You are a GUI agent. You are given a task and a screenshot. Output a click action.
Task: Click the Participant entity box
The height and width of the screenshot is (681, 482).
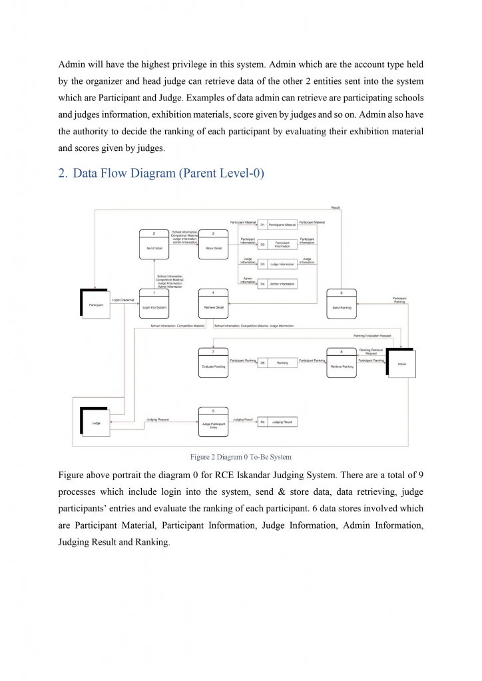click(95, 305)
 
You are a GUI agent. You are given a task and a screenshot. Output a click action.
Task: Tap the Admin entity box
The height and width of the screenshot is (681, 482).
click(401, 364)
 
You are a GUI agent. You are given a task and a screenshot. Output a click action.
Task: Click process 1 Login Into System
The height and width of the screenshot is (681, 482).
click(153, 305)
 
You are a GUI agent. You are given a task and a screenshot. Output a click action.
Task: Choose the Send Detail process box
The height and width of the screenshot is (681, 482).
click(153, 244)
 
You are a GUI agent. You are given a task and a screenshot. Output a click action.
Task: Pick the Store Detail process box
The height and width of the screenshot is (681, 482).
click(213, 244)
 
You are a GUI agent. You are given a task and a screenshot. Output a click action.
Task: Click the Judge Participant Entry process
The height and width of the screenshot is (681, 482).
click(213, 423)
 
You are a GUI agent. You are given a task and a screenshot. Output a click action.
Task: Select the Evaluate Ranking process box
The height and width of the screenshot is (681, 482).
click(213, 363)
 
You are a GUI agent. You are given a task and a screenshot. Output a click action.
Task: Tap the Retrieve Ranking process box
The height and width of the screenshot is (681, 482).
click(341, 363)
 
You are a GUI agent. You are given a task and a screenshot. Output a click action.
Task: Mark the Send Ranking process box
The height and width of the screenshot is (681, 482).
click(341, 305)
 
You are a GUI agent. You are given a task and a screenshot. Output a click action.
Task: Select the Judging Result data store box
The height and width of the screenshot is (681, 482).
click(278, 422)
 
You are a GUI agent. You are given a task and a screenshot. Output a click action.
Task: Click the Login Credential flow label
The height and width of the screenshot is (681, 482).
click(124, 300)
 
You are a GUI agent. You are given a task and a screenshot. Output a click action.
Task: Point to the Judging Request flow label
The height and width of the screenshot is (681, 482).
click(158, 420)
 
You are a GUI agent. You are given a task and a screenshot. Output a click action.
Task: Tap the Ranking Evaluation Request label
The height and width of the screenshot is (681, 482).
click(372, 337)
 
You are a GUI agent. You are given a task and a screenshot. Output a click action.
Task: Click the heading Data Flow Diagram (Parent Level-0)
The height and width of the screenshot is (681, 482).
click(161, 174)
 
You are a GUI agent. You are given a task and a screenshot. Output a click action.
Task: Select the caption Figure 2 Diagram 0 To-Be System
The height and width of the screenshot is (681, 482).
click(240, 458)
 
